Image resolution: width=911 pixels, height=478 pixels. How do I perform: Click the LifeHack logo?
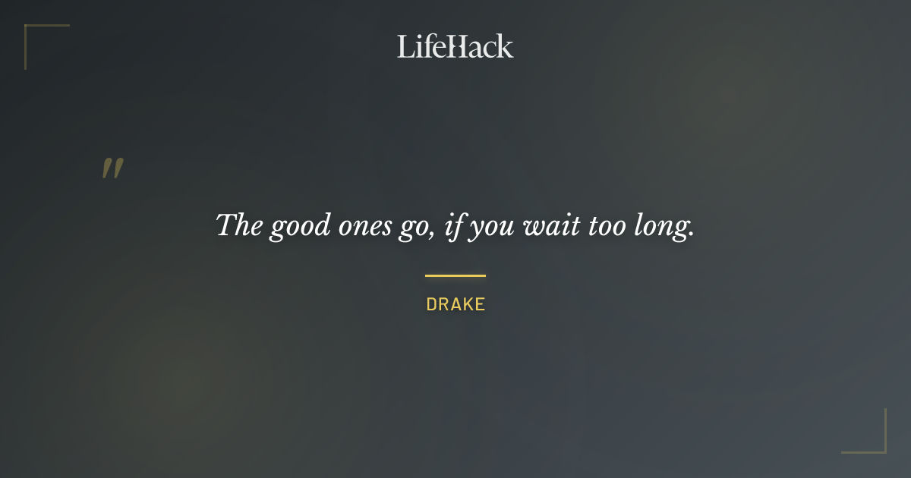coord(455,46)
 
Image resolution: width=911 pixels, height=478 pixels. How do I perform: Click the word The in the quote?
coord(239,225)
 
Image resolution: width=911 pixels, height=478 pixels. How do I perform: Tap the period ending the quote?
coord(691,234)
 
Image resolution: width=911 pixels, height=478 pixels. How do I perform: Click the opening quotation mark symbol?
coord(112,168)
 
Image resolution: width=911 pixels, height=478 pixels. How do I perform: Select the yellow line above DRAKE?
coord(455,275)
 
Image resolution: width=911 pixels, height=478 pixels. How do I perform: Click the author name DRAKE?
coord(455,304)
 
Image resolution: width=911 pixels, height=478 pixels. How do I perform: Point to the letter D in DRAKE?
coord(431,304)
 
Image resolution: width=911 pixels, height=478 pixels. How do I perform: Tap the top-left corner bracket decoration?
coord(34,34)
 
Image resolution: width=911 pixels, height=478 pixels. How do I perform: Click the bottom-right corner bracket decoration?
coord(876,444)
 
